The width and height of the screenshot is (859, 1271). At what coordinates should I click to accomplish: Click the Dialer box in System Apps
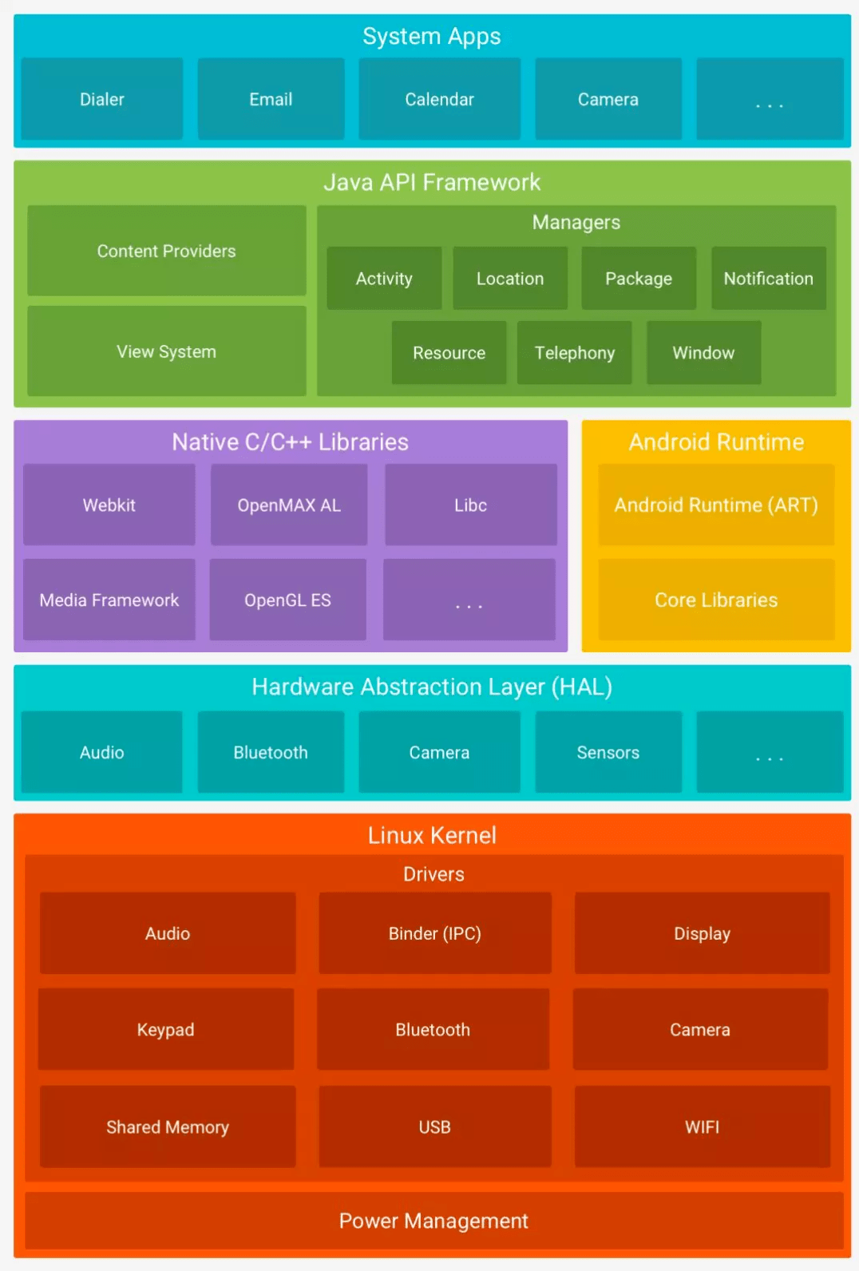click(102, 100)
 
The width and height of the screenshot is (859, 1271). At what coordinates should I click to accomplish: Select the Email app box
click(271, 100)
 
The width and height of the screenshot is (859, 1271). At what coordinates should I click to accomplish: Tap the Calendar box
click(439, 100)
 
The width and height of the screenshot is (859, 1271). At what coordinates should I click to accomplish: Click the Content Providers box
click(166, 251)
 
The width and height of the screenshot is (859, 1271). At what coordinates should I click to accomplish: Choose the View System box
click(166, 351)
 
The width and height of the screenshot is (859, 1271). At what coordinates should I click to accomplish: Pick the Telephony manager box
click(574, 353)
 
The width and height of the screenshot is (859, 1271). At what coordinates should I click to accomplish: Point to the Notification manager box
click(768, 279)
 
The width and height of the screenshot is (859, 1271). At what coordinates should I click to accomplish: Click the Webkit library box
click(109, 505)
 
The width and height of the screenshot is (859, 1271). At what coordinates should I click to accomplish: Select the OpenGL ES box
click(287, 600)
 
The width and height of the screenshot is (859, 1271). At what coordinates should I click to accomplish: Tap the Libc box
click(470, 505)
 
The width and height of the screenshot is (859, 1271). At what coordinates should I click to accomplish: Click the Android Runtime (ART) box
click(716, 505)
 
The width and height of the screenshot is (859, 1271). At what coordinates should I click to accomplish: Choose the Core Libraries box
click(716, 600)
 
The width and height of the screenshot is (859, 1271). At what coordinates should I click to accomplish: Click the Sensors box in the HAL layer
click(608, 752)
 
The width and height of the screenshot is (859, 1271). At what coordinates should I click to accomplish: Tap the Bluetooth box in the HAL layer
click(271, 752)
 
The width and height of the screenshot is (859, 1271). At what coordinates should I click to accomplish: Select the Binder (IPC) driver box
click(434, 933)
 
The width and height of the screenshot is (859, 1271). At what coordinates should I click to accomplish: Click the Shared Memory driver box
click(168, 1126)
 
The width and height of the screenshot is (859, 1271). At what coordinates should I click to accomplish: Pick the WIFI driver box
click(702, 1126)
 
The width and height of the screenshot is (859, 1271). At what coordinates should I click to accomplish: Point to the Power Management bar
click(433, 1221)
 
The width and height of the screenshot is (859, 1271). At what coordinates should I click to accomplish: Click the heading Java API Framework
click(432, 183)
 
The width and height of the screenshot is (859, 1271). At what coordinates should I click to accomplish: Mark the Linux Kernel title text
click(432, 835)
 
